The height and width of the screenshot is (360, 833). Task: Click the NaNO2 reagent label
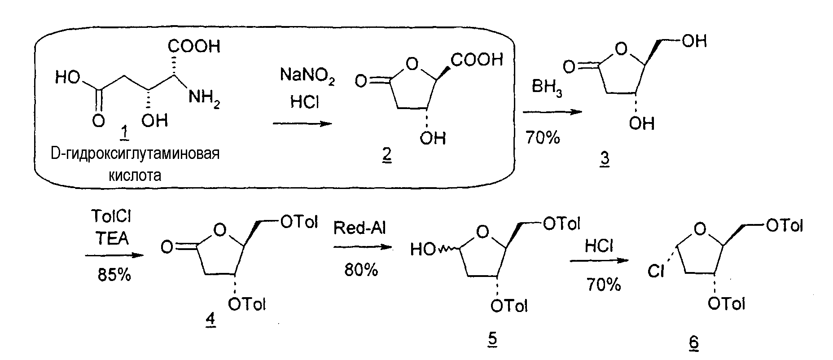pos(307,75)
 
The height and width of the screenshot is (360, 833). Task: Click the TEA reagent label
pos(112,238)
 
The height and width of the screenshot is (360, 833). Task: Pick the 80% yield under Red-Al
pos(361,269)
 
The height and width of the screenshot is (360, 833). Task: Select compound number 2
pos(386,155)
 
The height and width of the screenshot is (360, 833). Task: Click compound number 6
pos(693,342)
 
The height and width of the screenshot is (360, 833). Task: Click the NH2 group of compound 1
pos(204,97)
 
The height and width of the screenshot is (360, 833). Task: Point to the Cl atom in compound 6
pos(656,272)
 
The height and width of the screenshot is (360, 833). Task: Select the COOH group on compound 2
pos(477,60)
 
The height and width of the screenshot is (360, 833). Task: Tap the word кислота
pos(135,175)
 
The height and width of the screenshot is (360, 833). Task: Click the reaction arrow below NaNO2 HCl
pos(303,124)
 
